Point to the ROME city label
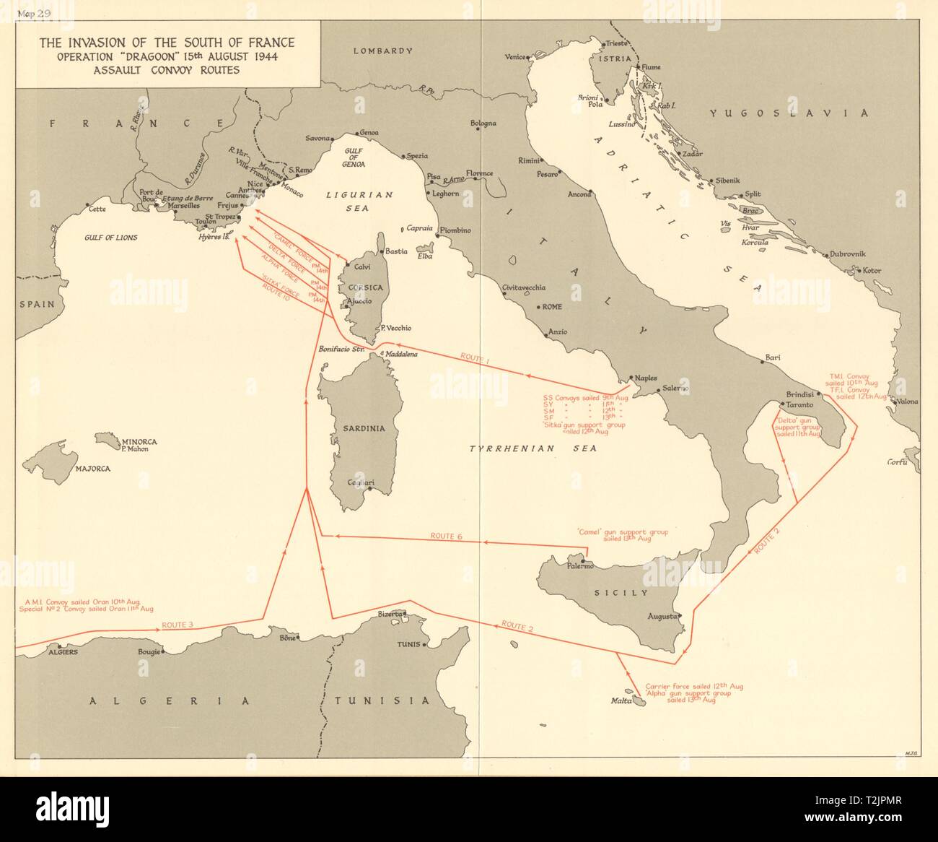point(551,307)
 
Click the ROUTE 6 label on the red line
point(442,536)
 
